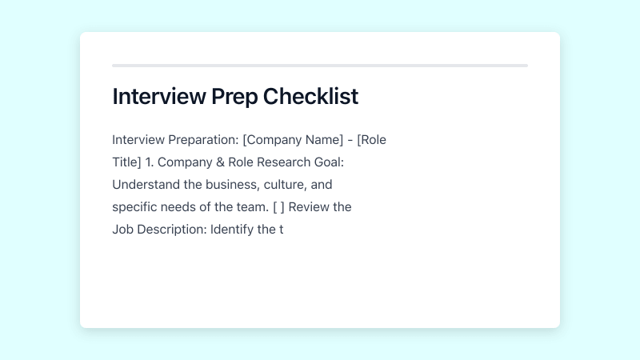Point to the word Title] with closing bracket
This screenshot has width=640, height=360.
click(x=126, y=162)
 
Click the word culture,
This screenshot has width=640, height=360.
click(x=284, y=185)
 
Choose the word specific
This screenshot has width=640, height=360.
click(x=136, y=207)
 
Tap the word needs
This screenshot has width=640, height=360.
click(x=182, y=207)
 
